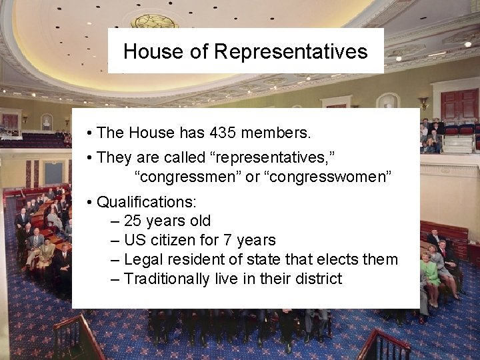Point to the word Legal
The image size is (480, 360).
[144, 259]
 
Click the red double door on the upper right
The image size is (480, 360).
[459, 105]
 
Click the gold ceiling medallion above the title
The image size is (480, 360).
[154, 21]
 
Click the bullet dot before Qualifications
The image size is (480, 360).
[89, 201]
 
